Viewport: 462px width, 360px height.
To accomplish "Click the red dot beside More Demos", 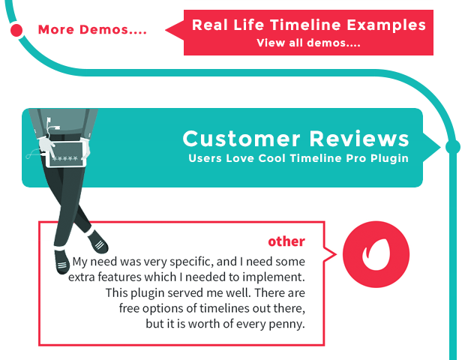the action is pos(16,30).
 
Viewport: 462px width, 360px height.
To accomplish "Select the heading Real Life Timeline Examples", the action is pos(309,25).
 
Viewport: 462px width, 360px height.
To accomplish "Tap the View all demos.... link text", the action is pos(308,43).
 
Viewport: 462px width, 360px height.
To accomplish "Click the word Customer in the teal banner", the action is pos(241,139).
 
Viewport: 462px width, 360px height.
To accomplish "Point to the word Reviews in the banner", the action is pos(359,139).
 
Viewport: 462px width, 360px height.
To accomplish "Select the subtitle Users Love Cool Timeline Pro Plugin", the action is pos(298,158).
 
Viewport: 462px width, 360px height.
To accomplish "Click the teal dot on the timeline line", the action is pos(452,147).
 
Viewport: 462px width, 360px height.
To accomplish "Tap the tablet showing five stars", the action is pos(65,154).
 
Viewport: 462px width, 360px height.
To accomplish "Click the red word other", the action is pos(286,241).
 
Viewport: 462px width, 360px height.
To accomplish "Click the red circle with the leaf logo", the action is pos(376,254).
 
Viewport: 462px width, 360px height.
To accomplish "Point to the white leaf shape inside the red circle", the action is pos(376,254).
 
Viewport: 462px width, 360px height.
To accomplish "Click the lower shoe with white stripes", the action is pos(61,262).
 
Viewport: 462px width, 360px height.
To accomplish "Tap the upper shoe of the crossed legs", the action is pos(97,241).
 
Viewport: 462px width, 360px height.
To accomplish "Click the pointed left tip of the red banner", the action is pos(166,30).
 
